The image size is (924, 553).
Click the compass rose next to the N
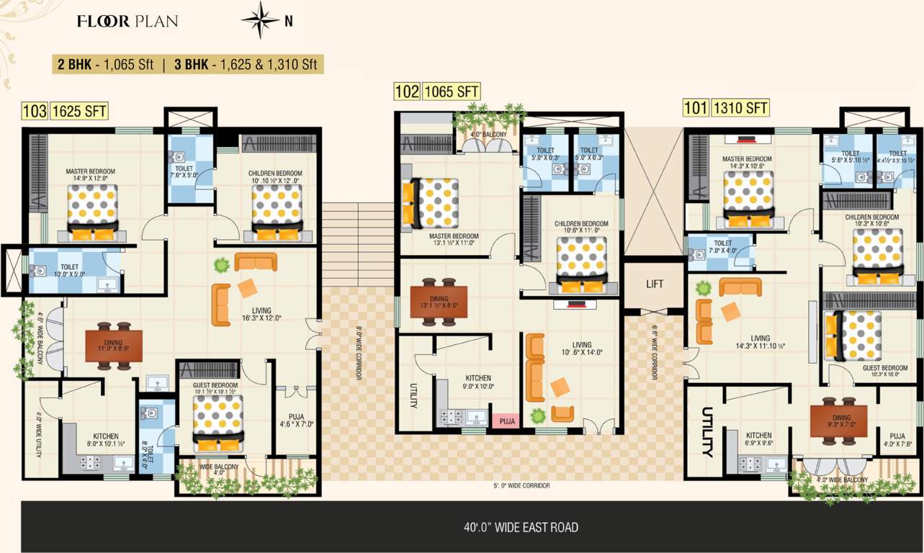[x=260, y=20]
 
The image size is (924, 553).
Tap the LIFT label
[x=654, y=284]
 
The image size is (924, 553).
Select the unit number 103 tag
[x=35, y=111]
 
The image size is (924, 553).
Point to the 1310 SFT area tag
[x=740, y=109]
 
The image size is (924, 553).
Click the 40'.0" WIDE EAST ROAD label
[x=521, y=528]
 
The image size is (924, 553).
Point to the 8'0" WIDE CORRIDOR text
[x=358, y=354]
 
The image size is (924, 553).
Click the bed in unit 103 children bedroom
[x=277, y=215]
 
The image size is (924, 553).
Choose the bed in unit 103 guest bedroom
[x=218, y=423]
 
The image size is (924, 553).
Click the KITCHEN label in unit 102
[x=477, y=378]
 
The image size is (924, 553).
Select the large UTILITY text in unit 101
[x=707, y=432]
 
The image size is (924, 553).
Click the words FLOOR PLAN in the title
[x=127, y=21]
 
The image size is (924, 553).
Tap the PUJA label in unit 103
[x=296, y=415]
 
